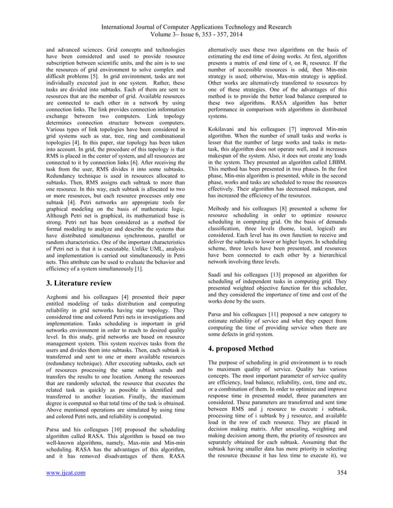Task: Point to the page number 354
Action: (x=338, y=489)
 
